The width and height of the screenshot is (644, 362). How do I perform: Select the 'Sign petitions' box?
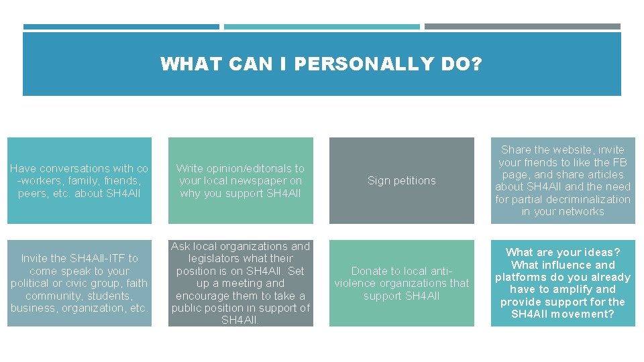[401, 181]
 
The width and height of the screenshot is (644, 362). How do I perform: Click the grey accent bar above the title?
[523, 27]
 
